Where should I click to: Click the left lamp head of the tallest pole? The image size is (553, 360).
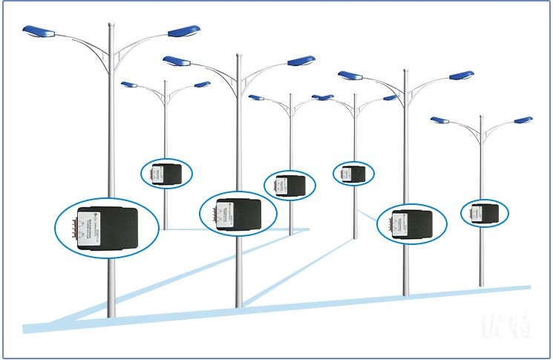[x=39, y=31]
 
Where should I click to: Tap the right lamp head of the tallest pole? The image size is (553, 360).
[x=184, y=31]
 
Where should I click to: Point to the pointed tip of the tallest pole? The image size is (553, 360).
[x=111, y=24]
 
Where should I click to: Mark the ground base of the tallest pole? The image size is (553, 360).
[x=111, y=315]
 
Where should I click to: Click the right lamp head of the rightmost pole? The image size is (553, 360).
[x=523, y=120]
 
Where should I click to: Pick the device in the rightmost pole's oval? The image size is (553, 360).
[x=485, y=214]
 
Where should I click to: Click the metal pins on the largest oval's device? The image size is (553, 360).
[x=80, y=226]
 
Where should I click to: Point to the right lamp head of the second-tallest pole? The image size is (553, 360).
[x=301, y=61]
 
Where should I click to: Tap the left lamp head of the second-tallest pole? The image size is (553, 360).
[x=177, y=61]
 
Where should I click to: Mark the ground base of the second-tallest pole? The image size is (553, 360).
[x=238, y=304]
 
